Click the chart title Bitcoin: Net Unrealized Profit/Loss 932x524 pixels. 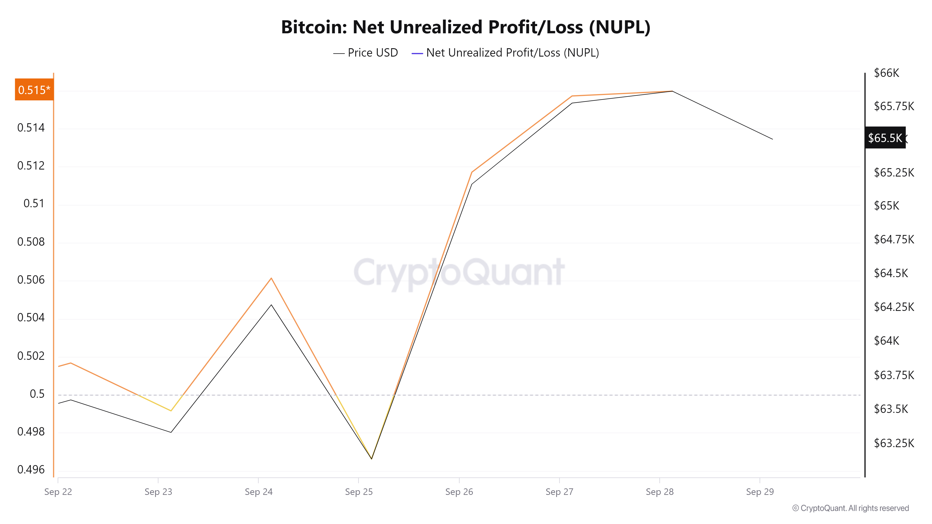[466, 27]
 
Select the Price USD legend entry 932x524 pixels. [366, 53]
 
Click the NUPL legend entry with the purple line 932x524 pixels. [505, 53]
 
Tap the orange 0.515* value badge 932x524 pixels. [34, 90]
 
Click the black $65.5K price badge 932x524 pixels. [885, 138]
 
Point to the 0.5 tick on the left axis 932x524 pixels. [37, 394]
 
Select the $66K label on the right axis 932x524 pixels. [886, 73]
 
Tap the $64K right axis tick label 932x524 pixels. [886, 341]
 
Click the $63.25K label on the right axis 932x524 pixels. [894, 443]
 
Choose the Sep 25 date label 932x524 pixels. [359, 492]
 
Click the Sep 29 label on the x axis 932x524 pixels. [760, 492]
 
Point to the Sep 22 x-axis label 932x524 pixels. [58, 492]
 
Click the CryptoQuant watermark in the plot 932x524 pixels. [459, 272]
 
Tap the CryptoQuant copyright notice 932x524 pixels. [850, 508]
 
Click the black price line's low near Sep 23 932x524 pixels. [171, 432]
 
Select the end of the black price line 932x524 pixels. [772, 139]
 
